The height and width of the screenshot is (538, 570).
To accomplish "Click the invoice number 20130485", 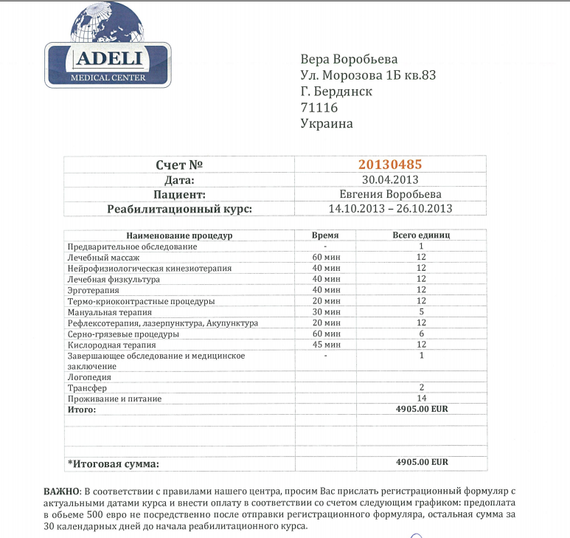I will tap(390, 165).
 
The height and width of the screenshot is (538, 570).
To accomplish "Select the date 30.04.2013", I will tap(390, 179).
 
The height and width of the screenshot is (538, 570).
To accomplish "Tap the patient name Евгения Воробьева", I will tap(390, 194).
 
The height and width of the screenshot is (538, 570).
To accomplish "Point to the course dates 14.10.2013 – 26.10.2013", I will tap(390, 209).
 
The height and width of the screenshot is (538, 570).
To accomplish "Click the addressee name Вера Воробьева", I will tap(350, 59).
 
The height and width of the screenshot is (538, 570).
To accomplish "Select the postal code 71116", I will tap(319, 108).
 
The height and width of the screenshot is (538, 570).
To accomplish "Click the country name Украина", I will tap(327, 124).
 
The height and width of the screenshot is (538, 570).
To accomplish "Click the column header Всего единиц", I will tap(420, 235).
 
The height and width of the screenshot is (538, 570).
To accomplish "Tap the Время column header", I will tap(325, 235).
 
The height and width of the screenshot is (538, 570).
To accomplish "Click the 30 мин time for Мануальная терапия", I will tap(325, 312).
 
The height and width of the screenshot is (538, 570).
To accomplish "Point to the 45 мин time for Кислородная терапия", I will tap(325, 345).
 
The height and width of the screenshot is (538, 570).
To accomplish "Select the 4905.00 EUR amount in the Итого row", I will tap(422, 409).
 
